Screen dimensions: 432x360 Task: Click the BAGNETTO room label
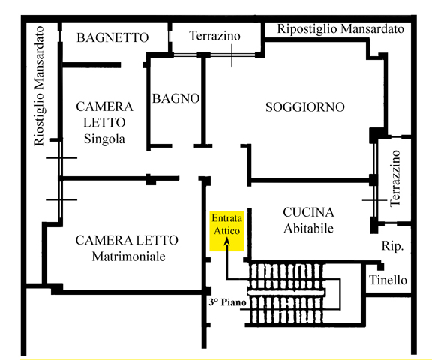tap(112, 37)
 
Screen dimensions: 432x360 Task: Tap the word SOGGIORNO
tap(305, 106)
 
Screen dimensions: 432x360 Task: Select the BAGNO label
tap(175, 98)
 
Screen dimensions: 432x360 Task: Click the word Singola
tap(104, 139)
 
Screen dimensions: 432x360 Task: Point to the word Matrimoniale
tap(128, 256)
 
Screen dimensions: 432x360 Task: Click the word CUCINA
tap(308, 212)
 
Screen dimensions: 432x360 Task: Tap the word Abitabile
tap(308, 228)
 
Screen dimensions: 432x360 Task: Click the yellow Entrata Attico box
tap(226, 231)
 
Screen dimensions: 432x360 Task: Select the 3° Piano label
tap(227, 302)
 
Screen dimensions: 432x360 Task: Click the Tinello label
tap(388, 280)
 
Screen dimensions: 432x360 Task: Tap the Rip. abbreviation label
tap(392, 246)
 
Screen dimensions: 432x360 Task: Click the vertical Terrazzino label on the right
tap(395, 178)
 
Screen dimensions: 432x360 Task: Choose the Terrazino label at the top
tap(214, 36)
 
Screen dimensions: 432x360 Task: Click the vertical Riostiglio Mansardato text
tap(39, 86)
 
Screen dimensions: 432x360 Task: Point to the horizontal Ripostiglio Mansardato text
tap(340, 29)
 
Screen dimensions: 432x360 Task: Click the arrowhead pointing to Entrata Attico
tap(226, 241)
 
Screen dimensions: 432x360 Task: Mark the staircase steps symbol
tap(285, 293)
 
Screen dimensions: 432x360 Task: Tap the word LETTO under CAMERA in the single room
tap(104, 122)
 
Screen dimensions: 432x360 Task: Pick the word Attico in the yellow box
tap(226, 231)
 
